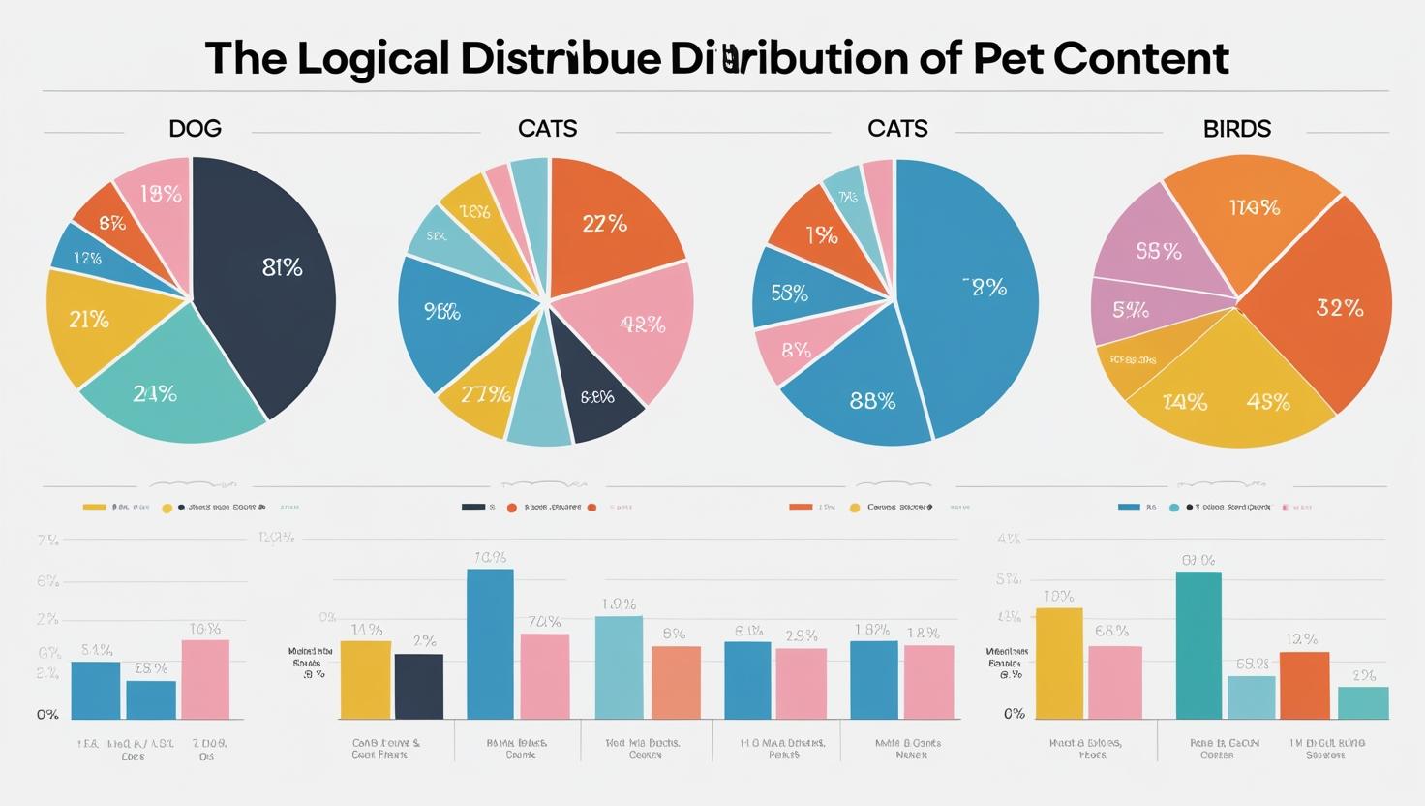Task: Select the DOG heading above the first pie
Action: (195, 128)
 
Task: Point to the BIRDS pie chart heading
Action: (1236, 128)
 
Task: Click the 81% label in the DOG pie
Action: (282, 268)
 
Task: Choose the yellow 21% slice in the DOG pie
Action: (92, 325)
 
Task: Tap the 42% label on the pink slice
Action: (642, 325)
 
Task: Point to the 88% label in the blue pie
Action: (872, 401)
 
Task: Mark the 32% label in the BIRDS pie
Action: (1340, 309)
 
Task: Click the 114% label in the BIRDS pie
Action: (1254, 207)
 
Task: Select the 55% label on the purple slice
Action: (1159, 252)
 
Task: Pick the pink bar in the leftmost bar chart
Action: (205, 679)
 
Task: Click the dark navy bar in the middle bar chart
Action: (419, 687)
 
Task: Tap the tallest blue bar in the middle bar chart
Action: (490, 643)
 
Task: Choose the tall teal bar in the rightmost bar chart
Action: (1198, 645)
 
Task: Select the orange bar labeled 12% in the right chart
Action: (1304, 685)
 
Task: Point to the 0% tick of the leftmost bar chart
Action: (47, 715)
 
